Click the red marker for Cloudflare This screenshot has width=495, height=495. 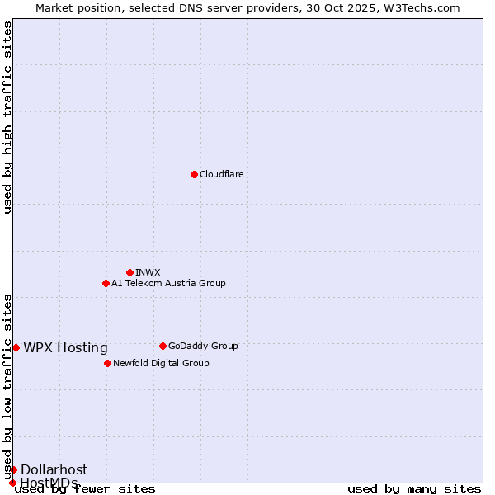pos(194,174)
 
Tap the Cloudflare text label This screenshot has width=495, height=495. pos(221,174)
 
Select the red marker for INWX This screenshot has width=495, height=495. pos(130,272)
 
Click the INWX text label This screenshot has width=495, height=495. pos(148,272)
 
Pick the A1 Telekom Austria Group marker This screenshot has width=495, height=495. pos(106,283)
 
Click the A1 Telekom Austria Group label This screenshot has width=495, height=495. pos(168,283)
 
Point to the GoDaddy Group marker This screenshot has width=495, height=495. pos(163,346)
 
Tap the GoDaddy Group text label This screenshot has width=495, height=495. pos(203,346)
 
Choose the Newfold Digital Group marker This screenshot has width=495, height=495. pos(107,363)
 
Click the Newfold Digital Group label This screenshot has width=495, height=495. pos(161,363)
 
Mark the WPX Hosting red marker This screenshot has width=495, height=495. pos(16,347)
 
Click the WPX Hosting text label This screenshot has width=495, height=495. pos(65,347)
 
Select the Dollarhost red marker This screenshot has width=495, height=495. pos(13,469)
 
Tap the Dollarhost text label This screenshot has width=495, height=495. pos(54,469)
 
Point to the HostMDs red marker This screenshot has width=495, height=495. pos(12,483)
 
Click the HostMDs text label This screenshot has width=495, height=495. pos(49,483)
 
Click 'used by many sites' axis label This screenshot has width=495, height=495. pos(414,488)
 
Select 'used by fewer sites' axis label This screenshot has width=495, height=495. pos(85,488)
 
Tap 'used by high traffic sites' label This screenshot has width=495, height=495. pos(7,117)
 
